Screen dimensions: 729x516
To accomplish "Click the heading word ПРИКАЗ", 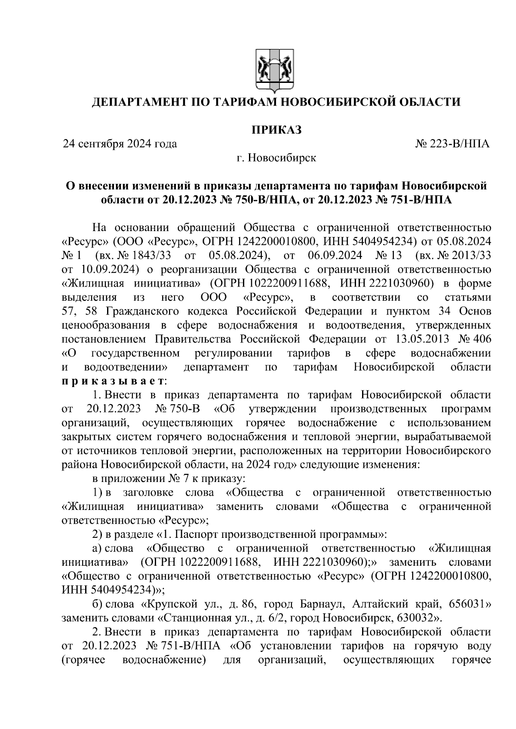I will coord(276,129).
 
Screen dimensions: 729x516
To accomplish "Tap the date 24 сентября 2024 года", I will coord(120,144).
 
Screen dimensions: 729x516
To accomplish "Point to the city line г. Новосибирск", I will coord(276,158).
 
